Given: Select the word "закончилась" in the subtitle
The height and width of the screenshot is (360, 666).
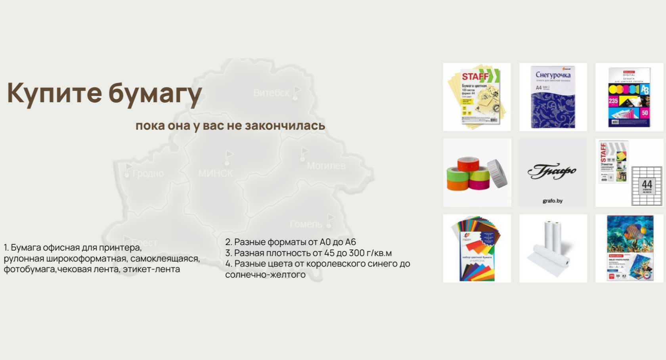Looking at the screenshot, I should pos(285,126).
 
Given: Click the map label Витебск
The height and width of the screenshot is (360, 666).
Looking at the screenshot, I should pos(271,93).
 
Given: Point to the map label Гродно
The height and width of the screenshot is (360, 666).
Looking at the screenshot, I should pos(148,174).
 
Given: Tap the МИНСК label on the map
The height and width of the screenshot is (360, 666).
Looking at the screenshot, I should pos(216,173).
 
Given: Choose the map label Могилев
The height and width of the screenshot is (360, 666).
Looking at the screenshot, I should pos(326,166).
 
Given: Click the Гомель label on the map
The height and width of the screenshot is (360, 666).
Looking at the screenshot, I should pos(306,224).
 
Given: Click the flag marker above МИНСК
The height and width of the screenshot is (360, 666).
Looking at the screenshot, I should pos(228,157).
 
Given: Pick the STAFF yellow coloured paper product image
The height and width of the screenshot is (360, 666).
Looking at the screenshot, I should pos(477,97).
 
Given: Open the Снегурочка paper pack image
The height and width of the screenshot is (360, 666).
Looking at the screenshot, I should pos(553,97).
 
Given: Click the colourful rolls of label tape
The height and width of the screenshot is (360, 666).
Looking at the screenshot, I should pos(477,173).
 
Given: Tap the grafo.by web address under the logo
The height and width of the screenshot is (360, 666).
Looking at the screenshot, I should pos(553,201).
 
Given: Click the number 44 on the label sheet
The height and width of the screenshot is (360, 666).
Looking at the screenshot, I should pos(647,184).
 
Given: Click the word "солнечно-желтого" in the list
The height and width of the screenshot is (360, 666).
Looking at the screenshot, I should pos(265,275).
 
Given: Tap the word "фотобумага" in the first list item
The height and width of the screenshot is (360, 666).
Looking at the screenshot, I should pos(29,269).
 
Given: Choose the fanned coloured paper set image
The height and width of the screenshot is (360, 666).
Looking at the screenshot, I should pos(477,248).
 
